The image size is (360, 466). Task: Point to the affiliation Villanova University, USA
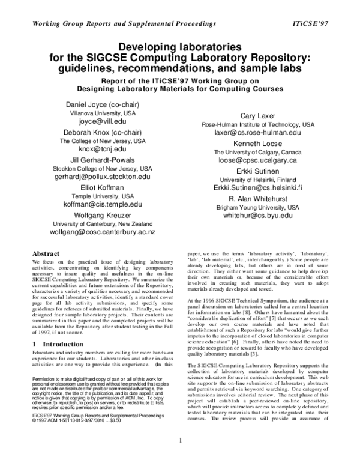[x=104, y=113]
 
